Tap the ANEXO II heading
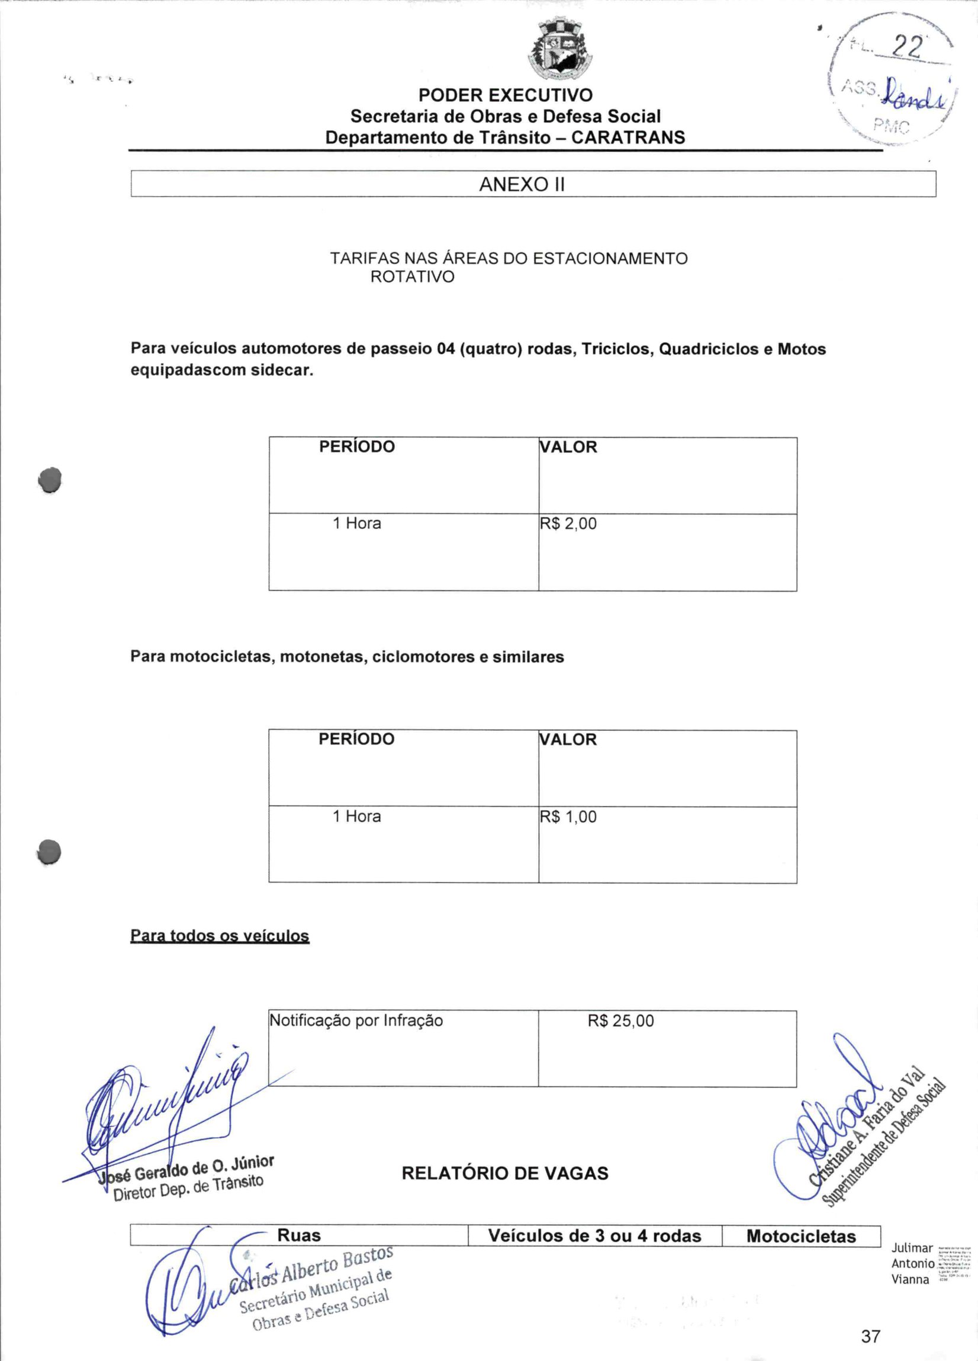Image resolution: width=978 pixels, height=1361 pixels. click(x=522, y=184)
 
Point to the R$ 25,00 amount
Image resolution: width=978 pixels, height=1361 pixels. click(x=620, y=1021)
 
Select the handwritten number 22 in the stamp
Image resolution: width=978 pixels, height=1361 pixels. click(x=906, y=47)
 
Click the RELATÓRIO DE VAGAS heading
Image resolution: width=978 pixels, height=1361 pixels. click(x=504, y=1173)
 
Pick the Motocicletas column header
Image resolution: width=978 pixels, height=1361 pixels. click(x=800, y=1236)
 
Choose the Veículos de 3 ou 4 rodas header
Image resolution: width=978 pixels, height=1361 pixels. click(x=594, y=1235)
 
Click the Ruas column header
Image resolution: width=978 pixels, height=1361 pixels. click(x=299, y=1235)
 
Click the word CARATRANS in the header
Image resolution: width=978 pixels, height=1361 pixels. click(x=628, y=138)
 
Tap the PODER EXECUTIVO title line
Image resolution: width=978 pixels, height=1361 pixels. click(x=505, y=95)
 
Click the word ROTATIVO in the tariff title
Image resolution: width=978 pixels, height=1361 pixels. click(x=412, y=277)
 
